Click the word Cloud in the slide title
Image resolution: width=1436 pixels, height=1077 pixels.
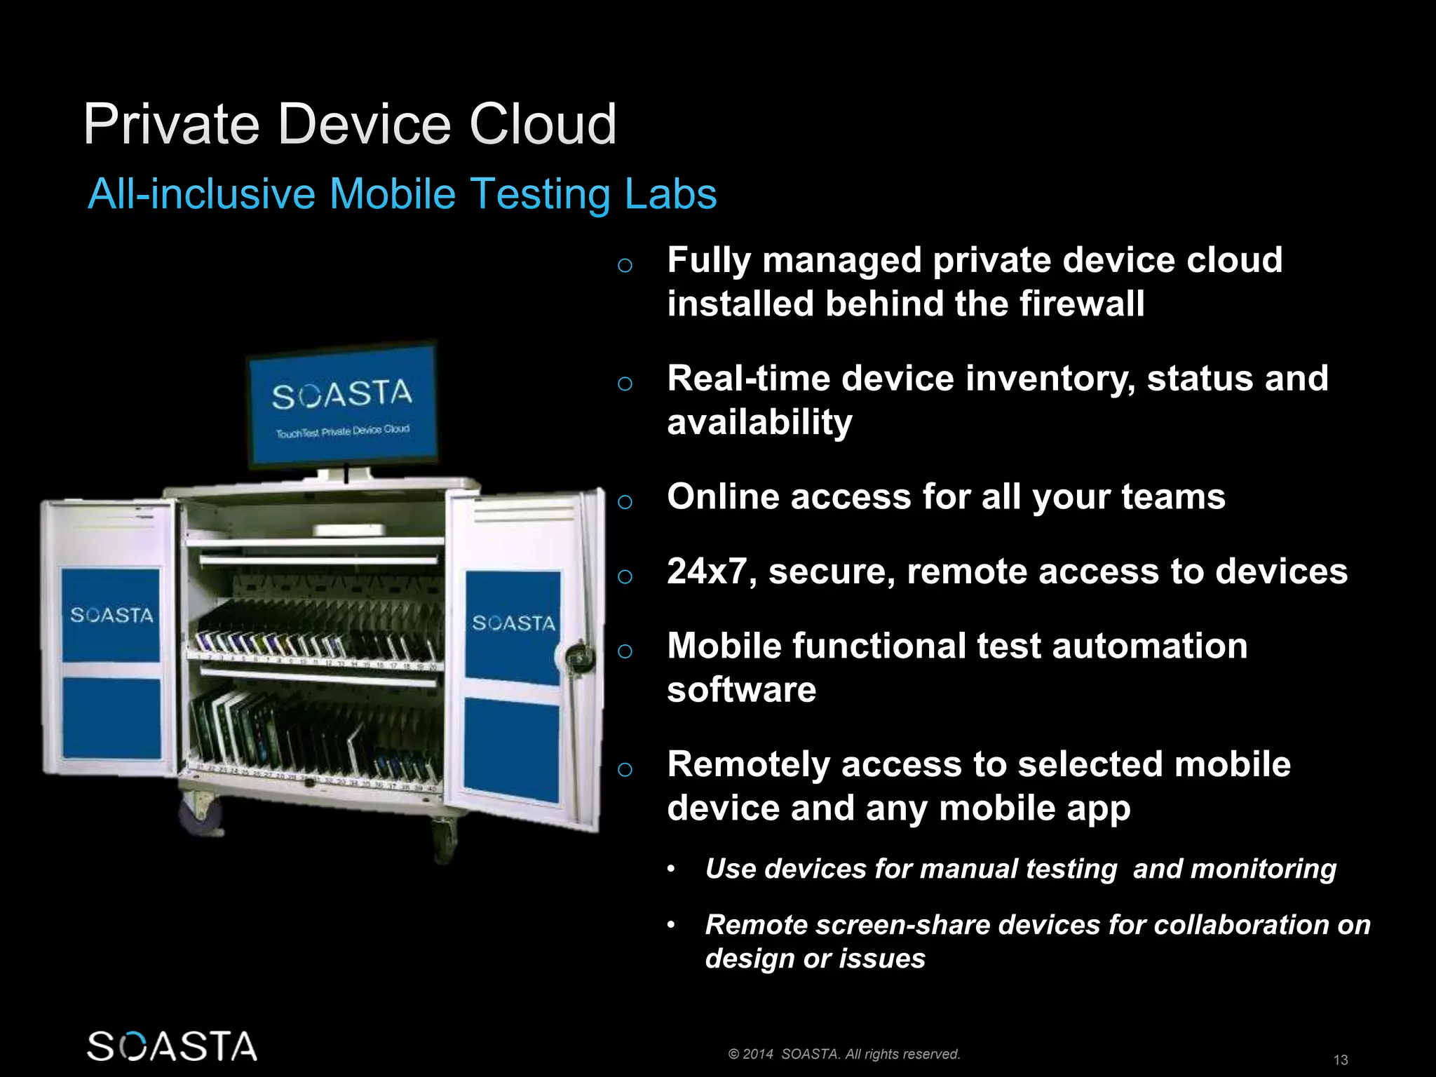542,125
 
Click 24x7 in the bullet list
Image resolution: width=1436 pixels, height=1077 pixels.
710,571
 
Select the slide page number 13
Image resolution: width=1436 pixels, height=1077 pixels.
1340,1059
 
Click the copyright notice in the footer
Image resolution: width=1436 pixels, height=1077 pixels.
844,1054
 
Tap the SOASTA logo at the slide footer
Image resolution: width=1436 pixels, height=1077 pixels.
172,1046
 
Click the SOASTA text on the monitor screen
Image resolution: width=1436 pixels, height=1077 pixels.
342,395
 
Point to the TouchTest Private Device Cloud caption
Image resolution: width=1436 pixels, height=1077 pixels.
342,431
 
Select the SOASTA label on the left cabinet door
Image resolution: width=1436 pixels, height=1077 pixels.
111,616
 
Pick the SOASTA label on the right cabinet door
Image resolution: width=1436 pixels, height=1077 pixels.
513,623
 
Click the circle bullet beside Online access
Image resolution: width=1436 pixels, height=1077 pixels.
625,501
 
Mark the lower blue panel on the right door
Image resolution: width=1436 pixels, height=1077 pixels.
512,750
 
